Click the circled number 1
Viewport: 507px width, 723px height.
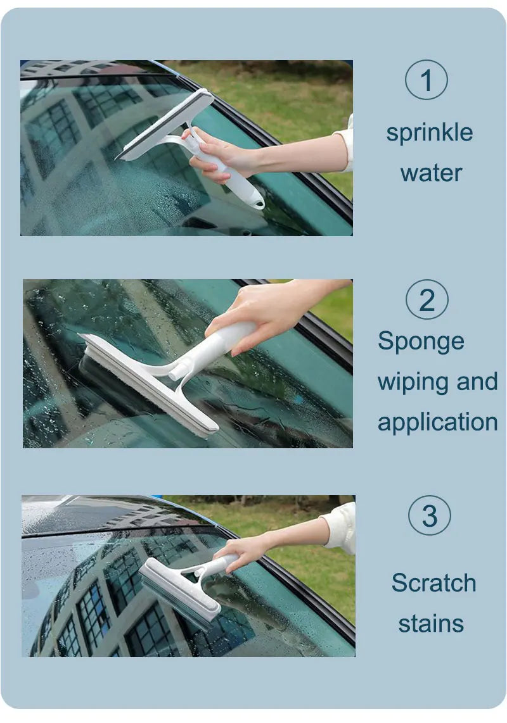coord(427,80)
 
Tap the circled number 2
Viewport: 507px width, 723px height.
coord(427,299)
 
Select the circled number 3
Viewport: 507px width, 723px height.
coord(429,516)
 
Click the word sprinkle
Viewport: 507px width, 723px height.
coord(430,133)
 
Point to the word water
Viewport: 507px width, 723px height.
coord(431,173)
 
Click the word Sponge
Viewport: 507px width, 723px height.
coord(421,343)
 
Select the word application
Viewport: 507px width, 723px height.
coord(437,422)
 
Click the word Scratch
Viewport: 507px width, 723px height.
coord(433,582)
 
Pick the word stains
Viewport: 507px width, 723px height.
coord(431,623)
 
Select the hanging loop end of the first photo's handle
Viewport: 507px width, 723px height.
coord(257,202)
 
